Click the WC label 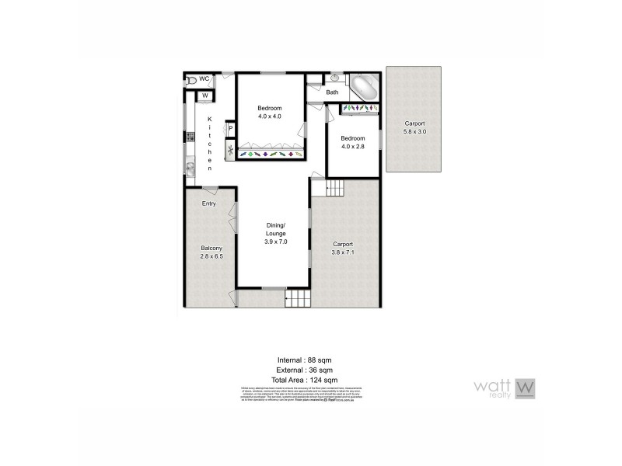pos(205,79)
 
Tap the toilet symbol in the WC pos(190,80)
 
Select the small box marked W pos(204,96)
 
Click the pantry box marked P pos(230,129)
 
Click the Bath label pos(332,92)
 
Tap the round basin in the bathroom pos(334,78)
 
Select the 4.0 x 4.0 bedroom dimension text pos(269,116)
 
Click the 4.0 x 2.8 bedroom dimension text pos(352,146)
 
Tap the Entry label pos(208,204)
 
